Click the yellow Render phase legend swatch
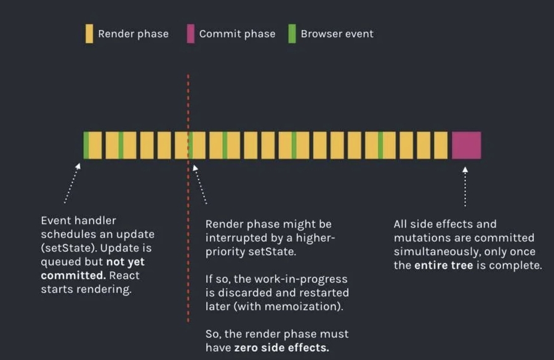pyautogui.click(x=89, y=34)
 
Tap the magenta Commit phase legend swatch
pyautogui.click(x=190, y=34)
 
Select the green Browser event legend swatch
pyautogui.click(x=292, y=34)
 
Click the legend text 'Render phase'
pyautogui.click(x=133, y=34)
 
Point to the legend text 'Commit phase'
pyautogui.click(x=237, y=34)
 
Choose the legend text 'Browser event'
pyautogui.click(x=337, y=34)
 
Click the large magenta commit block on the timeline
pyautogui.click(x=466, y=145)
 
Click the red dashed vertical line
pyautogui.click(x=188, y=247)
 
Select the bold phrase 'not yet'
pyautogui.click(x=130, y=262)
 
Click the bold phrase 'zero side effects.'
pyautogui.click(x=281, y=348)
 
